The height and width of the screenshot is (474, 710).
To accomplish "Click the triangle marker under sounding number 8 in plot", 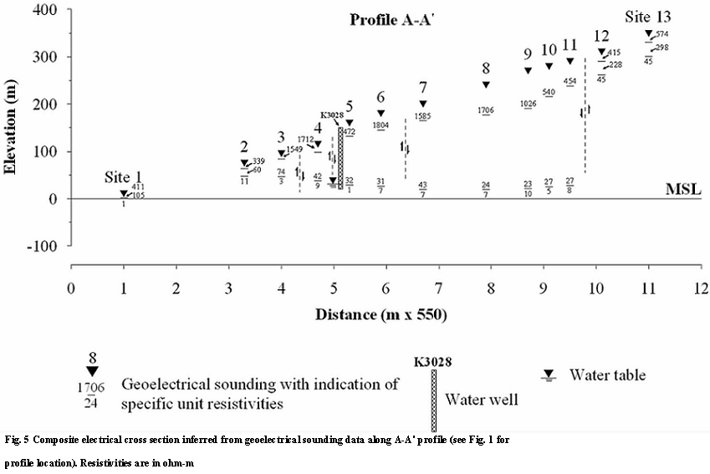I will point(486,84).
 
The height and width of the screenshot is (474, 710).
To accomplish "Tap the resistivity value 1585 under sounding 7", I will point(422,117).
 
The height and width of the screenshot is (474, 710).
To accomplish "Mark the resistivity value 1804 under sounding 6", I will point(381,125).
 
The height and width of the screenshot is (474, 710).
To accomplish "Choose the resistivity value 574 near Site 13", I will point(662,34).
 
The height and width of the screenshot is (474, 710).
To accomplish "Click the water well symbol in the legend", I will point(434,395).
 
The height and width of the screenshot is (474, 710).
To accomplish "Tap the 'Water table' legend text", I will point(607,375).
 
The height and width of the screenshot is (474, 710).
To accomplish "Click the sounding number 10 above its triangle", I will point(549,50).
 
